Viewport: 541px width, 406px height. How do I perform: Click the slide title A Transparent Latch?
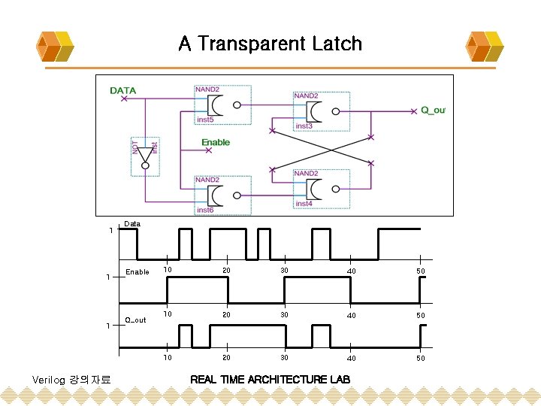tap(270, 44)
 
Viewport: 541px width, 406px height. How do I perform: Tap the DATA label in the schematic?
tap(123, 91)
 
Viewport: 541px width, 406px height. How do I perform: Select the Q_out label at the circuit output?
tap(433, 110)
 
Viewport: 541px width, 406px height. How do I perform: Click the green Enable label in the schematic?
tap(216, 142)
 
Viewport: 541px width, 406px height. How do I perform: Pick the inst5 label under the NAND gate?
tap(205, 120)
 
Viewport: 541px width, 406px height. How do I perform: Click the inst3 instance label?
tap(304, 126)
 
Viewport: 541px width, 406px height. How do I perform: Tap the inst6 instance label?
tap(205, 210)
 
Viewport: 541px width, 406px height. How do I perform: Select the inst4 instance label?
tap(304, 204)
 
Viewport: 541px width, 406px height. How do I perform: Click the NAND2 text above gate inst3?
tap(306, 96)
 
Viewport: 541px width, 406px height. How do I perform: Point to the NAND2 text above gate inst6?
tap(207, 180)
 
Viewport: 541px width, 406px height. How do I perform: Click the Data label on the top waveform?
tap(132, 224)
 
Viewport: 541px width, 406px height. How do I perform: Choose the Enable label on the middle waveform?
tap(138, 272)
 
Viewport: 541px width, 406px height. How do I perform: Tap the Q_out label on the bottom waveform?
tap(136, 320)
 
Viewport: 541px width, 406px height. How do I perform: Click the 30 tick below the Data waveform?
tap(285, 271)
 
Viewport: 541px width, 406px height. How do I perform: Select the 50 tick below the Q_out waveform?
tap(421, 359)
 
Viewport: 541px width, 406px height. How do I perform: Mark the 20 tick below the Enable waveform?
tap(226, 315)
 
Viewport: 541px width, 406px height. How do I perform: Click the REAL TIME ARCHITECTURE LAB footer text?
tap(270, 378)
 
